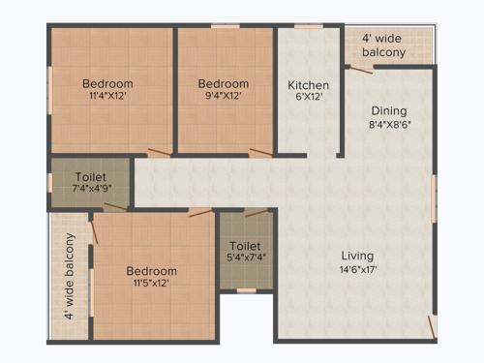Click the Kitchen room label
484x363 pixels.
pyautogui.click(x=308, y=84)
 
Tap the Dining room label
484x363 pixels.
pyautogui.click(x=388, y=111)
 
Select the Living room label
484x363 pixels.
pyautogui.click(x=357, y=256)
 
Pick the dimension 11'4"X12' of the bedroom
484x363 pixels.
pyautogui.click(x=107, y=96)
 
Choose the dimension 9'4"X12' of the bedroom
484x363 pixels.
pyautogui.click(x=224, y=96)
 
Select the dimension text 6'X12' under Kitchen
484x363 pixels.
pyautogui.click(x=308, y=97)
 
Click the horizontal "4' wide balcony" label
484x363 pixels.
pyautogui.click(x=384, y=45)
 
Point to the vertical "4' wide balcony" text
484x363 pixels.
pyautogui.click(x=70, y=276)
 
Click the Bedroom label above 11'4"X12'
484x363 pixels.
pyautogui.click(x=107, y=83)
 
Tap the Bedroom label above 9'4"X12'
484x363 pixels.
pyautogui.click(x=224, y=83)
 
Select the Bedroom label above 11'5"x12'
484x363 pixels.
pyautogui.click(x=151, y=271)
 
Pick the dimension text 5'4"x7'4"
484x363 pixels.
pyautogui.click(x=246, y=258)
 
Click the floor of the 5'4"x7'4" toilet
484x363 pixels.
pyautogui.click(x=246, y=276)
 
